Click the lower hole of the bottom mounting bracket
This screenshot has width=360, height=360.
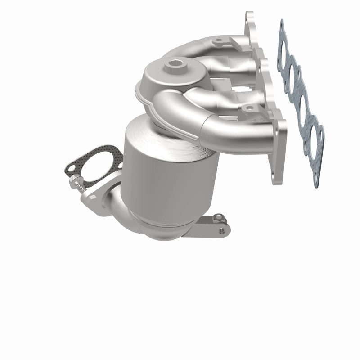pos(222,230)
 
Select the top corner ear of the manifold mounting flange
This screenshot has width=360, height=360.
pos(249,18)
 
